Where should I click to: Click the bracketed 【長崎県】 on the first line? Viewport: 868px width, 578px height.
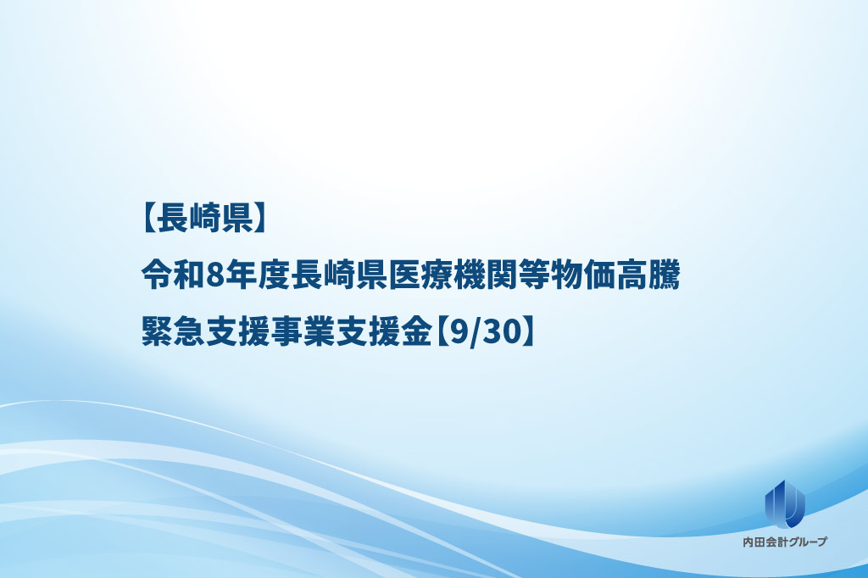click(x=204, y=218)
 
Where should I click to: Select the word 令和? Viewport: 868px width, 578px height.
click(x=173, y=275)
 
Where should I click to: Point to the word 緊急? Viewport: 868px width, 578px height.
click(x=173, y=334)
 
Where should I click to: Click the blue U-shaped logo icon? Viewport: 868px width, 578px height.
click(x=785, y=503)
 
